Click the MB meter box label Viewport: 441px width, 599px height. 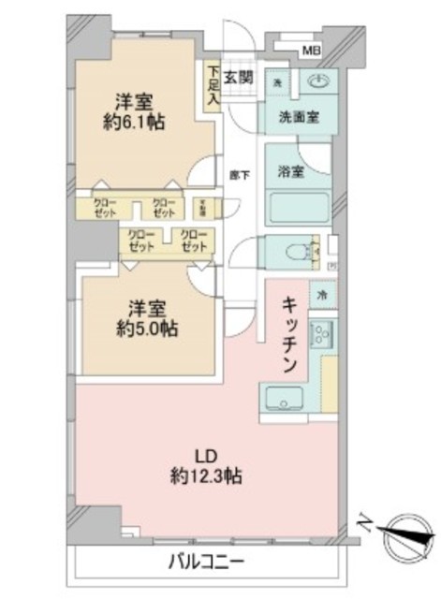[309, 51]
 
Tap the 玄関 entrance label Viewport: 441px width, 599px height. [239, 77]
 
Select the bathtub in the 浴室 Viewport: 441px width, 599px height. [298, 208]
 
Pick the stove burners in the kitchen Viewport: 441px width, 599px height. [321, 333]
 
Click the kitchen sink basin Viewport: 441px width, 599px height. [282, 397]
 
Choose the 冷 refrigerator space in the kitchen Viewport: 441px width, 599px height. [321, 294]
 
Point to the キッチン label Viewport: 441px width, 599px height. [291, 332]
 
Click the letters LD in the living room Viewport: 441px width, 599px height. [205, 456]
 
